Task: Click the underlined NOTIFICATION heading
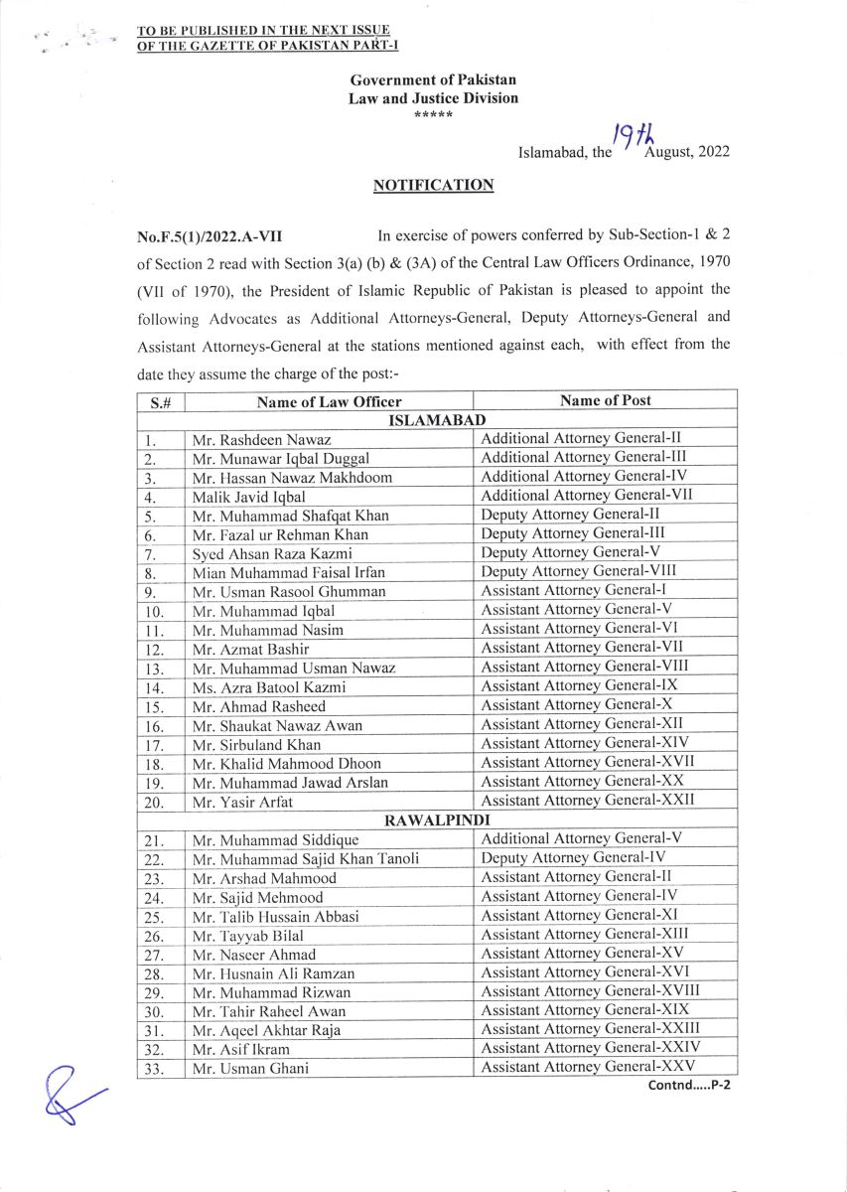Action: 433,186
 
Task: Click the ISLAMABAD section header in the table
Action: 437,420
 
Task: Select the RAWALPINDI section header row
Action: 437,819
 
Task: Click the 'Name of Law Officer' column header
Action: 329,401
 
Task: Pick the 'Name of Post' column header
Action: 605,400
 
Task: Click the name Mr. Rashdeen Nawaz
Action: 261,439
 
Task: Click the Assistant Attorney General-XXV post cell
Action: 590,1067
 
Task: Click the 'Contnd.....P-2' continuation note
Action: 689,1085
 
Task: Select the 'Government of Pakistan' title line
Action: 433,80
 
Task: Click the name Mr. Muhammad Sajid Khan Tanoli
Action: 306,858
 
